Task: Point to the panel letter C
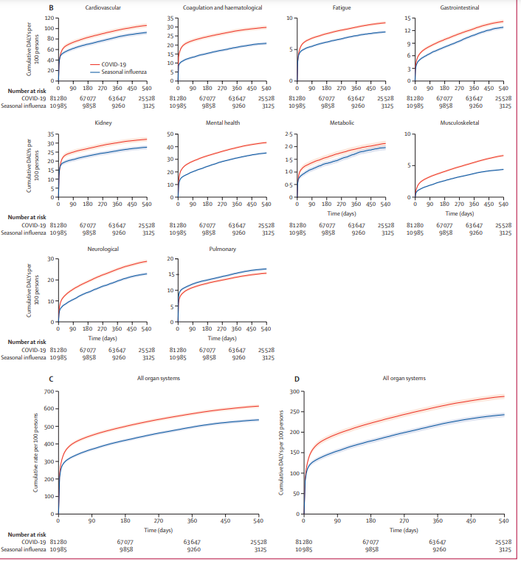pos(49,379)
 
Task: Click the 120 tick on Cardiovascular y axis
pos(49,18)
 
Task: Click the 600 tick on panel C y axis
pos(49,408)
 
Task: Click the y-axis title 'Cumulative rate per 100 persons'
pos(35,453)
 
